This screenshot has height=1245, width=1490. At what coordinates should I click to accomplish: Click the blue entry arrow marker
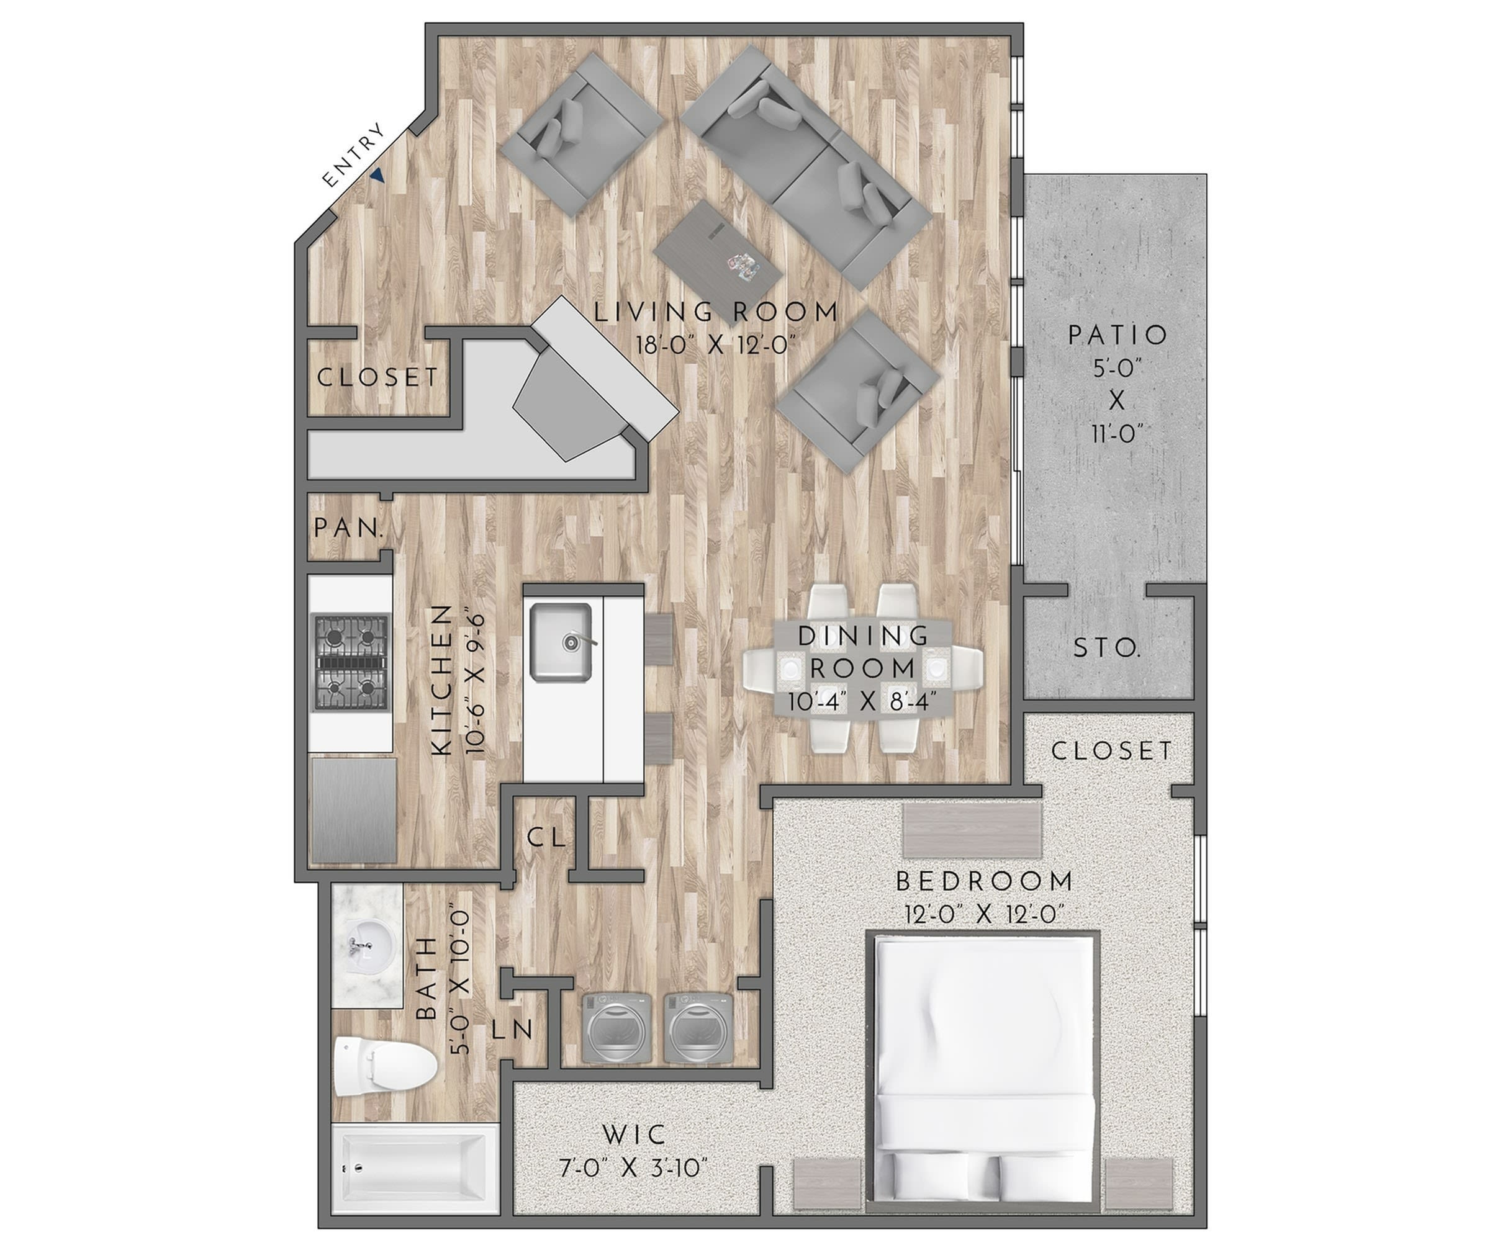(378, 176)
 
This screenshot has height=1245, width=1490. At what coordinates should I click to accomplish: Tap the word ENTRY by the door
(353, 156)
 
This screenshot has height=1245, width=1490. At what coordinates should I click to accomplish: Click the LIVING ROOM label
(716, 312)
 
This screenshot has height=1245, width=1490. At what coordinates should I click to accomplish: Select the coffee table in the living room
(718, 252)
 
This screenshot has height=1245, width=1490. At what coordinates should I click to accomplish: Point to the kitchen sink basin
(561, 642)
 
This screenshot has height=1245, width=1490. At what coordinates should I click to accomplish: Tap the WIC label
(634, 1135)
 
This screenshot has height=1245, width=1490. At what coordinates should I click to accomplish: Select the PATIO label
(1117, 335)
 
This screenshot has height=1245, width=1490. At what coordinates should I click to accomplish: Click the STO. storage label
(1107, 649)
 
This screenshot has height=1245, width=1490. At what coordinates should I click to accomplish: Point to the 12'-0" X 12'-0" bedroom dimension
(985, 914)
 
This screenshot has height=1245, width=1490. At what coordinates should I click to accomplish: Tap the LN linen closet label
(512, 1030)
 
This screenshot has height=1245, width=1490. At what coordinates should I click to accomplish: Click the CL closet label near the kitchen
(546, 838)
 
